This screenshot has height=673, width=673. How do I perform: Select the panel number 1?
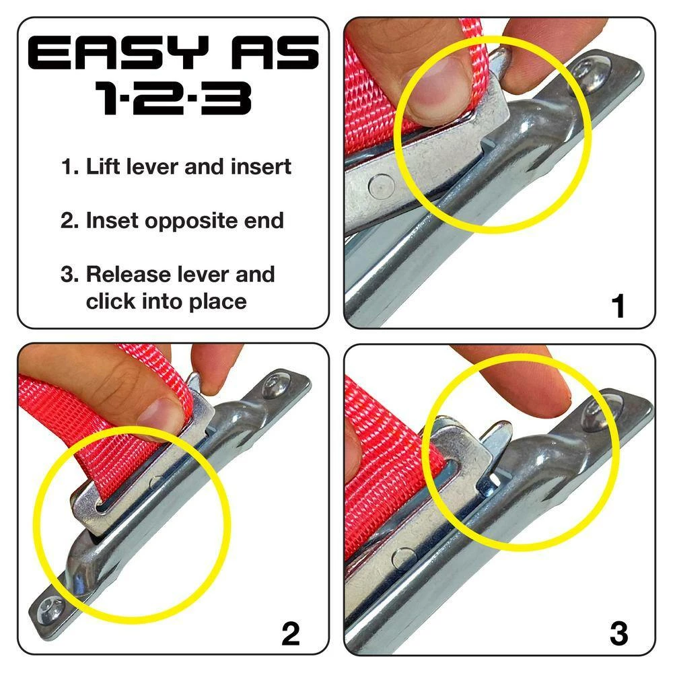618,307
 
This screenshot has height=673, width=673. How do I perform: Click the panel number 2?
290,634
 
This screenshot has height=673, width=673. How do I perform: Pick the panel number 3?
618,634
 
